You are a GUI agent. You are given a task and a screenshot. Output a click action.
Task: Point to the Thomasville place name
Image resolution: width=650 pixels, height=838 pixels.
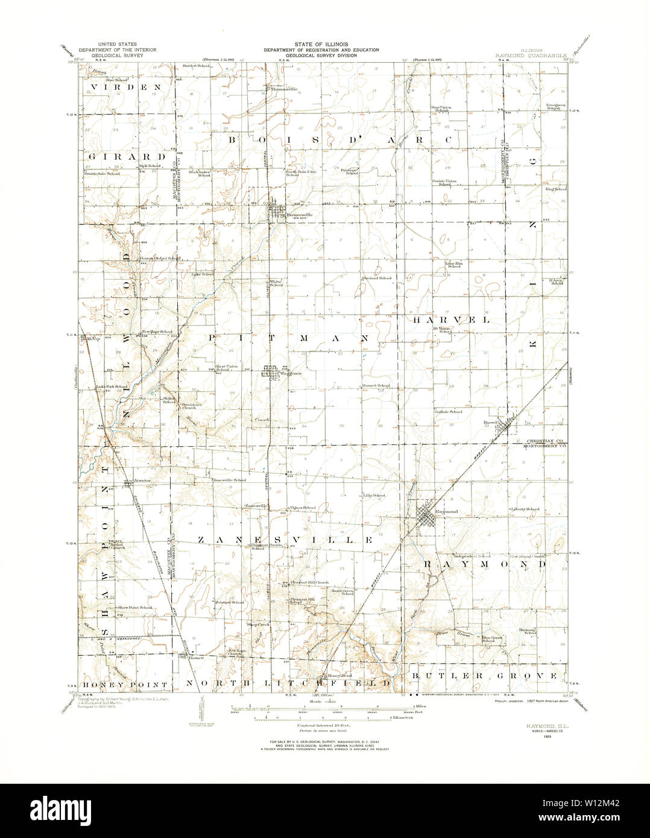[284, 89]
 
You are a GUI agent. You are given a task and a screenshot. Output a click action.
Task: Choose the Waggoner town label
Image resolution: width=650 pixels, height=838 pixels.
[289, 373]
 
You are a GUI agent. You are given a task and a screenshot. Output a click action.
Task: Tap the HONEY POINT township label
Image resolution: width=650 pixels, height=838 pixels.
[125, 685]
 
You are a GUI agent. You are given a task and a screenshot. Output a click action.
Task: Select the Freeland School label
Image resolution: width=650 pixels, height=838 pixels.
[377, 279]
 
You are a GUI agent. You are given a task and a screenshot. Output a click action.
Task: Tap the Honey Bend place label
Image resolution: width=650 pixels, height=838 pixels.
[338, 676]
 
